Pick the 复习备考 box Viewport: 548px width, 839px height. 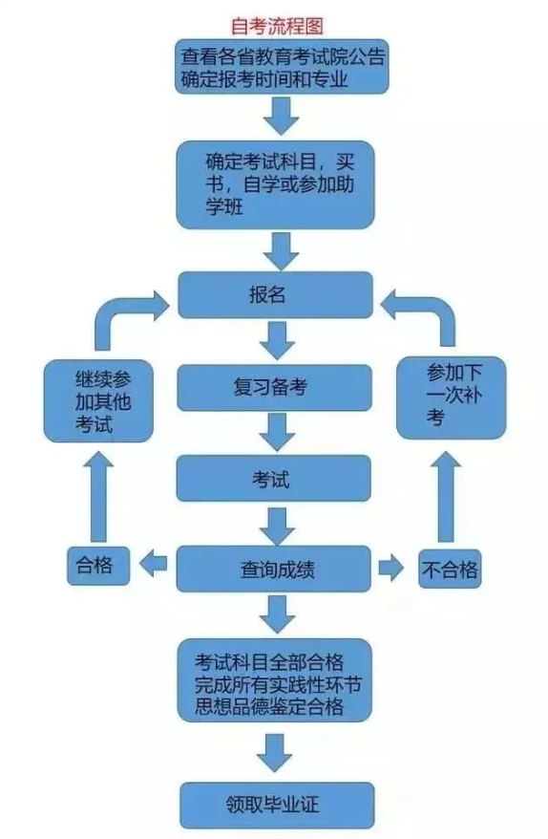(274, 388)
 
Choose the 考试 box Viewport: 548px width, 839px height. (274, 477)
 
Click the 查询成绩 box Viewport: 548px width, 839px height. (274, 570)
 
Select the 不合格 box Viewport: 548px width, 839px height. (449, 570)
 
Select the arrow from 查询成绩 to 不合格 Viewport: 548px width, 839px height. (390, 569)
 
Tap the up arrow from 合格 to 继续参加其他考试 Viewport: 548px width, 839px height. (100, 497)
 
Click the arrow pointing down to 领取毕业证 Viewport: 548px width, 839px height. (277, 752)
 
